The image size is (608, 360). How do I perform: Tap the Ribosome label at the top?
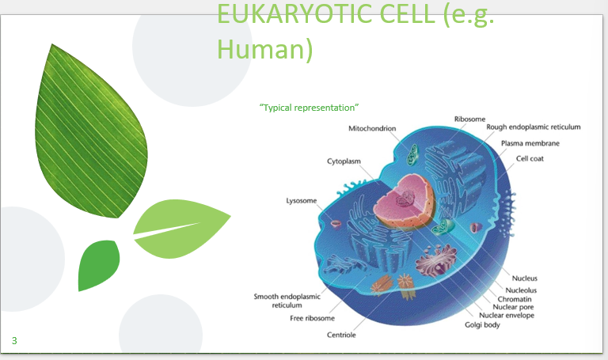(469, 119)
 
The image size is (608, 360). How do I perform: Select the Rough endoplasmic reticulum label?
(534, 127)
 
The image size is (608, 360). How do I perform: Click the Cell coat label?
(530, 158)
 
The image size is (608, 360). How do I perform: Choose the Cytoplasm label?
(344, 161)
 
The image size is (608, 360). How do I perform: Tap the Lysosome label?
(302, 200)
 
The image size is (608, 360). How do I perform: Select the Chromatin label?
(519, 299)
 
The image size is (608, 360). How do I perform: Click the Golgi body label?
(483, 324)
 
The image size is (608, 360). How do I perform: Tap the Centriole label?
(341, 335)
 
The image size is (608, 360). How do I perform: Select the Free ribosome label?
(311, 318)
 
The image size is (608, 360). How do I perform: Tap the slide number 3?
(13, 341)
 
